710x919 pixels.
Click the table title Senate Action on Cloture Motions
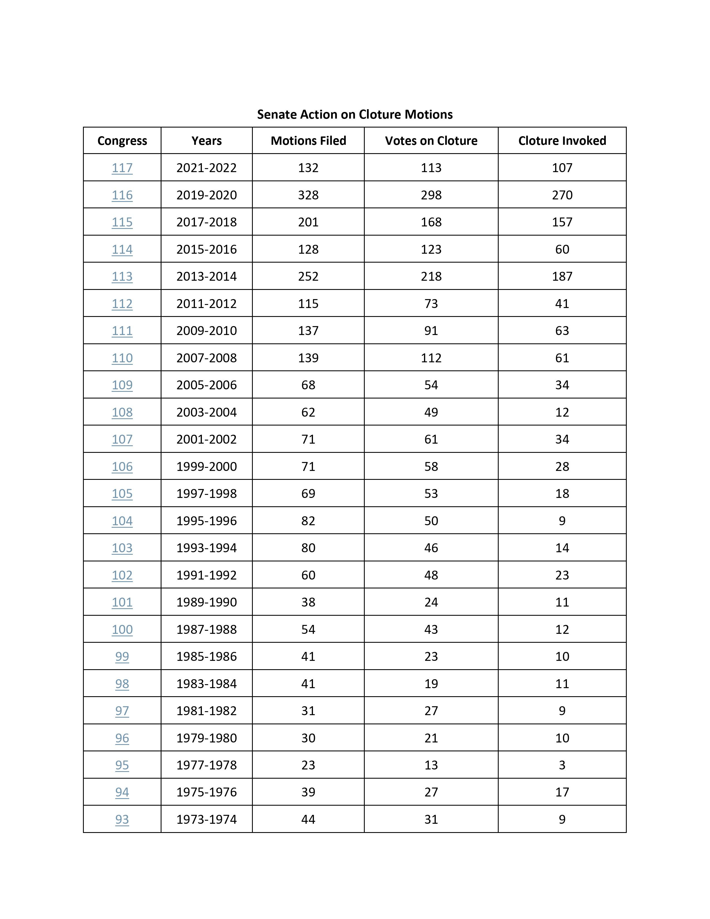point(354,114)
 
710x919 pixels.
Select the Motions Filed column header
point(308,141)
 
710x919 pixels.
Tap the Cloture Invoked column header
point(562,141)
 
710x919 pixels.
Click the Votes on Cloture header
point(431,141)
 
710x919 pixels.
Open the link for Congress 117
point(122,168)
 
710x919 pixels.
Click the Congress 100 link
point(122,629)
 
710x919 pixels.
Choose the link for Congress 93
point(122,819)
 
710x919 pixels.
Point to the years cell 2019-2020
point(207,195)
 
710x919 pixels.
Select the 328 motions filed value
point(308,195)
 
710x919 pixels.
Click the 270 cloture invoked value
point(562,195)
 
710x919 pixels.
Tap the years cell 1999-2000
point(207,466)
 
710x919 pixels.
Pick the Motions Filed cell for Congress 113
point(308,277)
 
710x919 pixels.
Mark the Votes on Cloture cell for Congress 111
point(431,331)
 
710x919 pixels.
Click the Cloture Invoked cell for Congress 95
point(562,765)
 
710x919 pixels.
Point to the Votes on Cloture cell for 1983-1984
point(431,683)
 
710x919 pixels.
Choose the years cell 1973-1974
point(207,819)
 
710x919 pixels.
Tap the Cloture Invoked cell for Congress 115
point(562,222)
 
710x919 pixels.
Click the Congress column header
point(122,141)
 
